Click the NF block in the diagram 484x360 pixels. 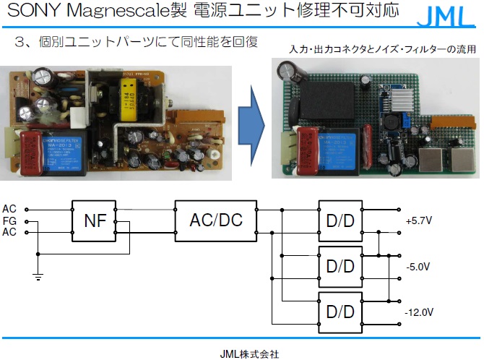[95, 220]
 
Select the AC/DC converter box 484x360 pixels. [216, 220]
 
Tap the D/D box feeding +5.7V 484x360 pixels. [340, 220]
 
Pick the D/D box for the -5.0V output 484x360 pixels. [340, 265]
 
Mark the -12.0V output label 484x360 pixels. [419, 312]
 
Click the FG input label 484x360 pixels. [9, 220]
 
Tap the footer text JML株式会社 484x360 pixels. [249, 353]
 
